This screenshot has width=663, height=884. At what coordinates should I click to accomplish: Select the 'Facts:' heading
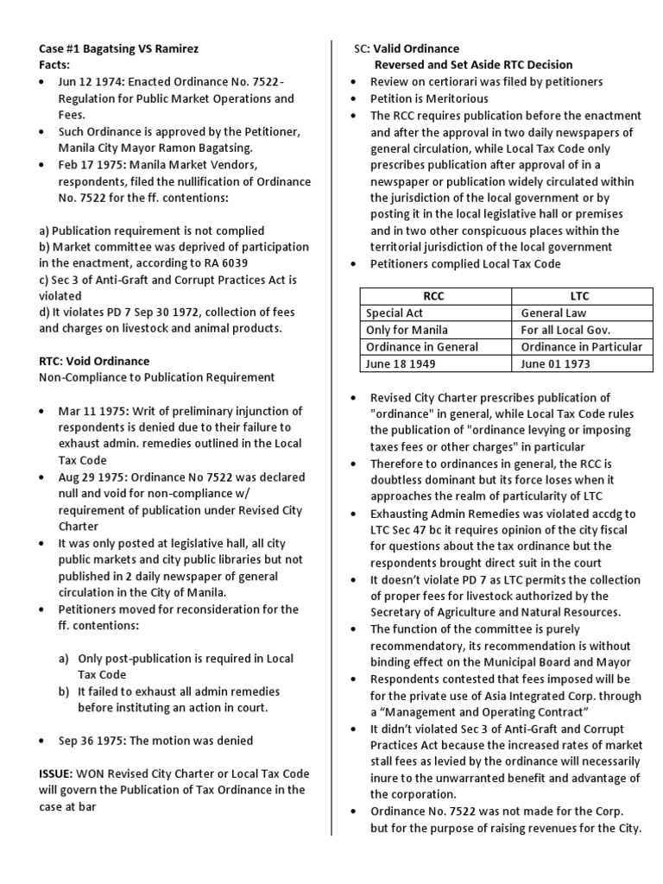(x=57, y=65)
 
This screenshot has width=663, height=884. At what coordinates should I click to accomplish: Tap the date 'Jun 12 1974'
(x=90, y=82)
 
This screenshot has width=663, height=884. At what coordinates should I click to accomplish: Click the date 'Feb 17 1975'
(x=91, y=164)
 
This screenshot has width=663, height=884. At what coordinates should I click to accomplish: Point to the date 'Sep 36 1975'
(x=91, y=740)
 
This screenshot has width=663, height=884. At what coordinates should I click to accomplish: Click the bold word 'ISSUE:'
(x=59, y=774)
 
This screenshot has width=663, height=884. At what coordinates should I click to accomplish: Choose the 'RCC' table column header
(x=436, y=296)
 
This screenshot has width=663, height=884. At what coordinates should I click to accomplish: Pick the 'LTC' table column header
(x=580, y=296)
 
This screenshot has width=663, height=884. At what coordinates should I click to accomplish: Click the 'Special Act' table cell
(x=395, y=313)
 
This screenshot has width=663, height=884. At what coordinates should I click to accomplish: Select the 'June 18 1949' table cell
(x=401, y=363)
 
